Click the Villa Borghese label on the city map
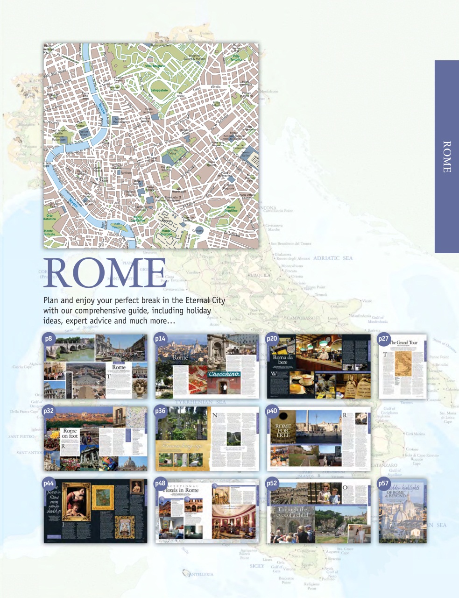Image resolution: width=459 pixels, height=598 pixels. pos(155,66)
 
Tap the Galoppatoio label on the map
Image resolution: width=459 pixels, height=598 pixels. pos(159,90)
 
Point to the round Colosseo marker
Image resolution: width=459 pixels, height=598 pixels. pos(198,230)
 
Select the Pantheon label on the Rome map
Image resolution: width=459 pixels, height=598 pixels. pos(127,172)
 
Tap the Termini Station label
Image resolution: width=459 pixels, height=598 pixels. pos(246,154)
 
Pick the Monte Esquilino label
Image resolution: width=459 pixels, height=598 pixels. pos(231,209)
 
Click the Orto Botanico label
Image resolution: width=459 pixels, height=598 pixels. pos(49,217)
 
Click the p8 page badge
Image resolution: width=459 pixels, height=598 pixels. pos(49,339)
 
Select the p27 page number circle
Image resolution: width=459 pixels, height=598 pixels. pos(383,339)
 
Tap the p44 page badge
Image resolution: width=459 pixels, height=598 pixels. pos(49,484)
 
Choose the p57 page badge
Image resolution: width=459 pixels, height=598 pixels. pos(383,484)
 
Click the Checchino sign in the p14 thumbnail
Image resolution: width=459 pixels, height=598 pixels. pos(225,374)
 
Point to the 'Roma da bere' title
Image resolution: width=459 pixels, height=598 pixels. pos(283,360)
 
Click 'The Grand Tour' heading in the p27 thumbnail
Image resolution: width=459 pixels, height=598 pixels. pos(404,342)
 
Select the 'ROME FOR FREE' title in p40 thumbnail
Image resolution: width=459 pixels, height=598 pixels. pos(283,430)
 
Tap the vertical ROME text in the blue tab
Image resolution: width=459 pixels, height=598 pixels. pos(446,157)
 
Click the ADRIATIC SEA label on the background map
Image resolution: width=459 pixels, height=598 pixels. pos(333,258)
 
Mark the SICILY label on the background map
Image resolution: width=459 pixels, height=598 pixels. pos(257,566)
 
